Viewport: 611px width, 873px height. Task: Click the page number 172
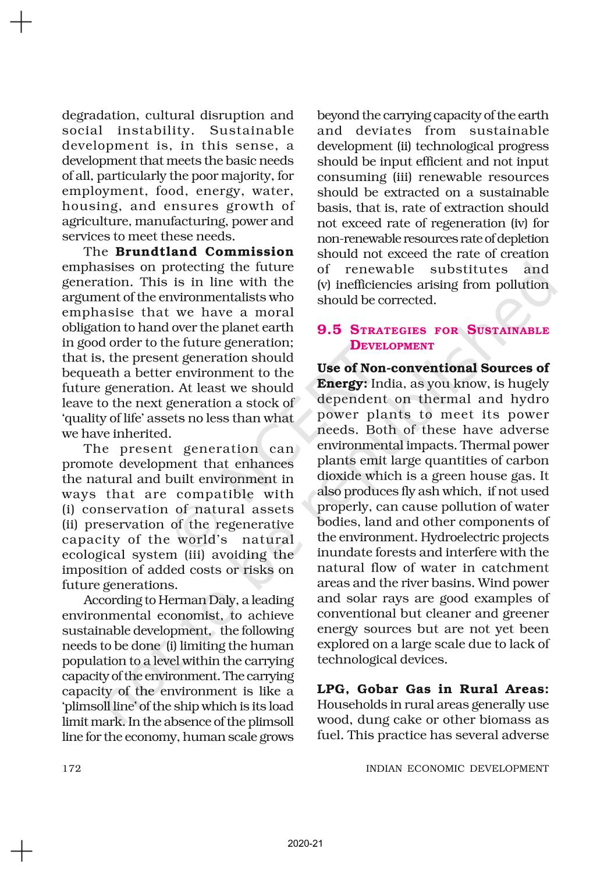point(72,768)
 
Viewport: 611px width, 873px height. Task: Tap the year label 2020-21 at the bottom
point(305,843)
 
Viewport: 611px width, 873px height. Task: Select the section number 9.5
point(329,330)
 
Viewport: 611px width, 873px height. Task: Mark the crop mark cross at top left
point(21,23)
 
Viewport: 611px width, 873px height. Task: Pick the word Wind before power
point(505,583)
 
